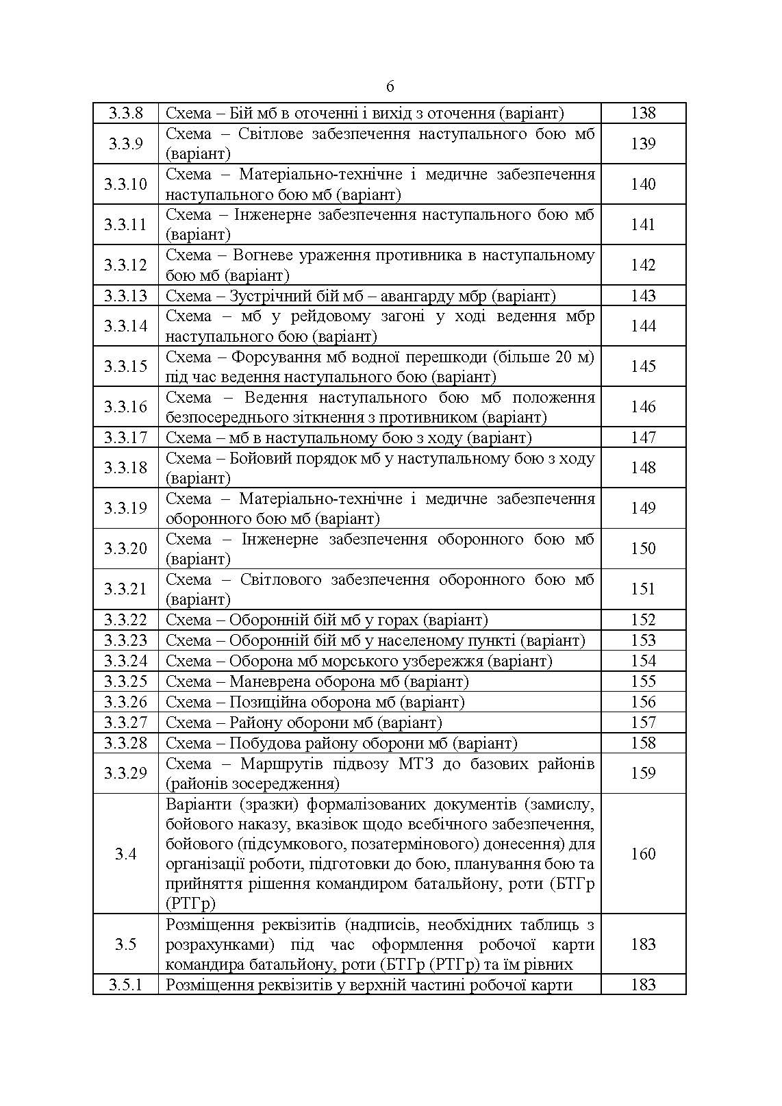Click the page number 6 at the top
(390, 87)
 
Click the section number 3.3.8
(125, 113)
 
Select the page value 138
(643, 113)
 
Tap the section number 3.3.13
(125, 296)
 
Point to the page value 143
(643, 296)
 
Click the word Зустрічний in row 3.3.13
(269, 296)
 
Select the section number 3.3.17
(125, 438)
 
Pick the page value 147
(643, 438)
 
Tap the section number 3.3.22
(125, 620)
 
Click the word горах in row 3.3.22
(398, 620)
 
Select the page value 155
(643, 681)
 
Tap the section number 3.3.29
(125, 773)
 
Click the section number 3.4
(125, 853)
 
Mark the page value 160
(643, 853)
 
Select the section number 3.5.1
(125, 985)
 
